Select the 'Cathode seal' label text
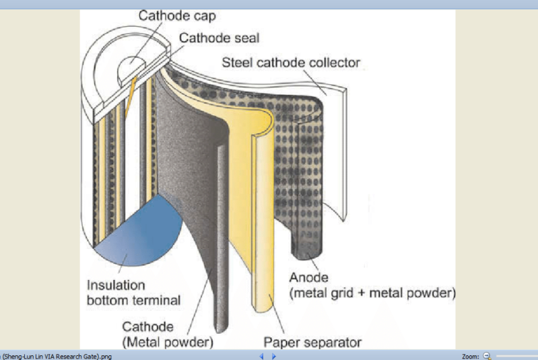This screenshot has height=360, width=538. [x=219, y=38]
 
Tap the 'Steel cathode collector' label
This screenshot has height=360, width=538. [x=292, y=63]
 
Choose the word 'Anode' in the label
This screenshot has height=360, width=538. [x=309, y=277]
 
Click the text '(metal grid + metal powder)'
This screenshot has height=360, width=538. [x=372, y=293]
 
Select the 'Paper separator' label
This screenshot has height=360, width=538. [x=308, y=342]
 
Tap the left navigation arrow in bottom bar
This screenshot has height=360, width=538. [x=261, y=356]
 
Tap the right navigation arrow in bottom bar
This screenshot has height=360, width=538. [x=274, y=356]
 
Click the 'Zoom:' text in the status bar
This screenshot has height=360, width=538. [x=469, y=356]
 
